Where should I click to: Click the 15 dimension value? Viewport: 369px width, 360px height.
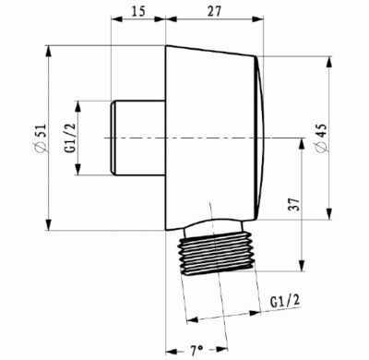[x=137, y=11]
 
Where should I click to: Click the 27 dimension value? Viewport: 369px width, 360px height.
[x=214, y=11]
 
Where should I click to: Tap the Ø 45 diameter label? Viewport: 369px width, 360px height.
[x=322, y=138]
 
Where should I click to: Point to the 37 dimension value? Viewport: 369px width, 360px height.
[x=294, y=204]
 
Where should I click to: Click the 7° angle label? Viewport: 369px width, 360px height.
[x=196, y=350]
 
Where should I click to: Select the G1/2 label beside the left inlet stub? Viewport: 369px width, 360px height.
[x=70, y=138]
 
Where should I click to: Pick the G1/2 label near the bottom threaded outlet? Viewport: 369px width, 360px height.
[x=285, y=301]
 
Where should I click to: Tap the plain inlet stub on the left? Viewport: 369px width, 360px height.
[x=138, y=138]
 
